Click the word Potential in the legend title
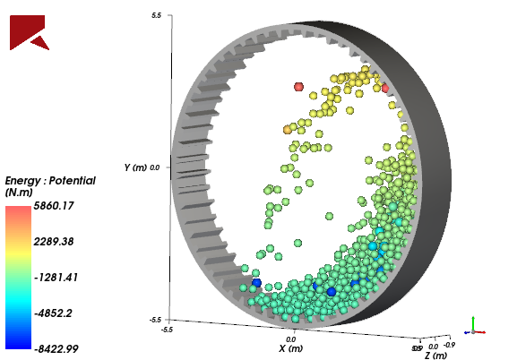click(73, 181)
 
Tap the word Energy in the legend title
click(24, 181)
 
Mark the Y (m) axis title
click(134, 167)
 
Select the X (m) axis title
click(290, 349)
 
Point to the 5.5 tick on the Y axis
click(156, 16)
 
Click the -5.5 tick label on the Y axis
click(154, 319)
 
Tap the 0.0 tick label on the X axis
click(290, 340)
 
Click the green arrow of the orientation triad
click(474, 323)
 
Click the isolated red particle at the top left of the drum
click(299, 87)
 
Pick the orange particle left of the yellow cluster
click(288, 130)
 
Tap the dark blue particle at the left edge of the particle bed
click(257, 283)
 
